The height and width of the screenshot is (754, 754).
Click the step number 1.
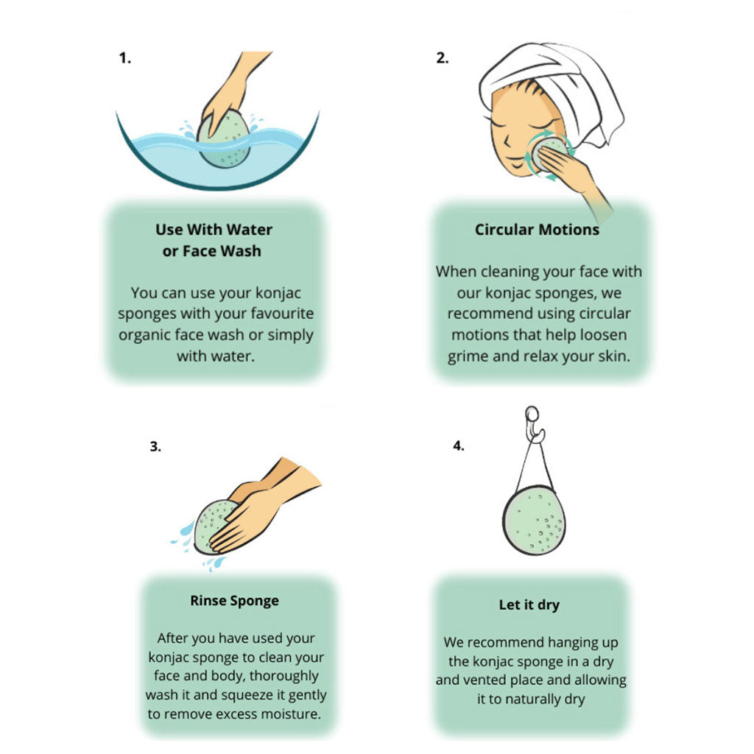pyautogui.click(x=124, y=58)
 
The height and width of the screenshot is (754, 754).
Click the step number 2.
pyautogui.click(x=442, y=58)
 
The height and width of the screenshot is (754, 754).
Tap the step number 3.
pyautogui.click(x=155, y=446)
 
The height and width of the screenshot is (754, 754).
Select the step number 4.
pyautogui.click(x=458, y=445)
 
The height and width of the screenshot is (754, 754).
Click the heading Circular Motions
pyautogui.click(x=537, y=230)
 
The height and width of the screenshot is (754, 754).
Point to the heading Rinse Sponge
pyautogui.click(x=234, y=601)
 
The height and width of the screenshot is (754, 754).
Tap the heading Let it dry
pyautogui.click(x=529, y=605)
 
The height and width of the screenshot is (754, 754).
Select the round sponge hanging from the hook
pyautogui.click(x=534, y=521)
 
